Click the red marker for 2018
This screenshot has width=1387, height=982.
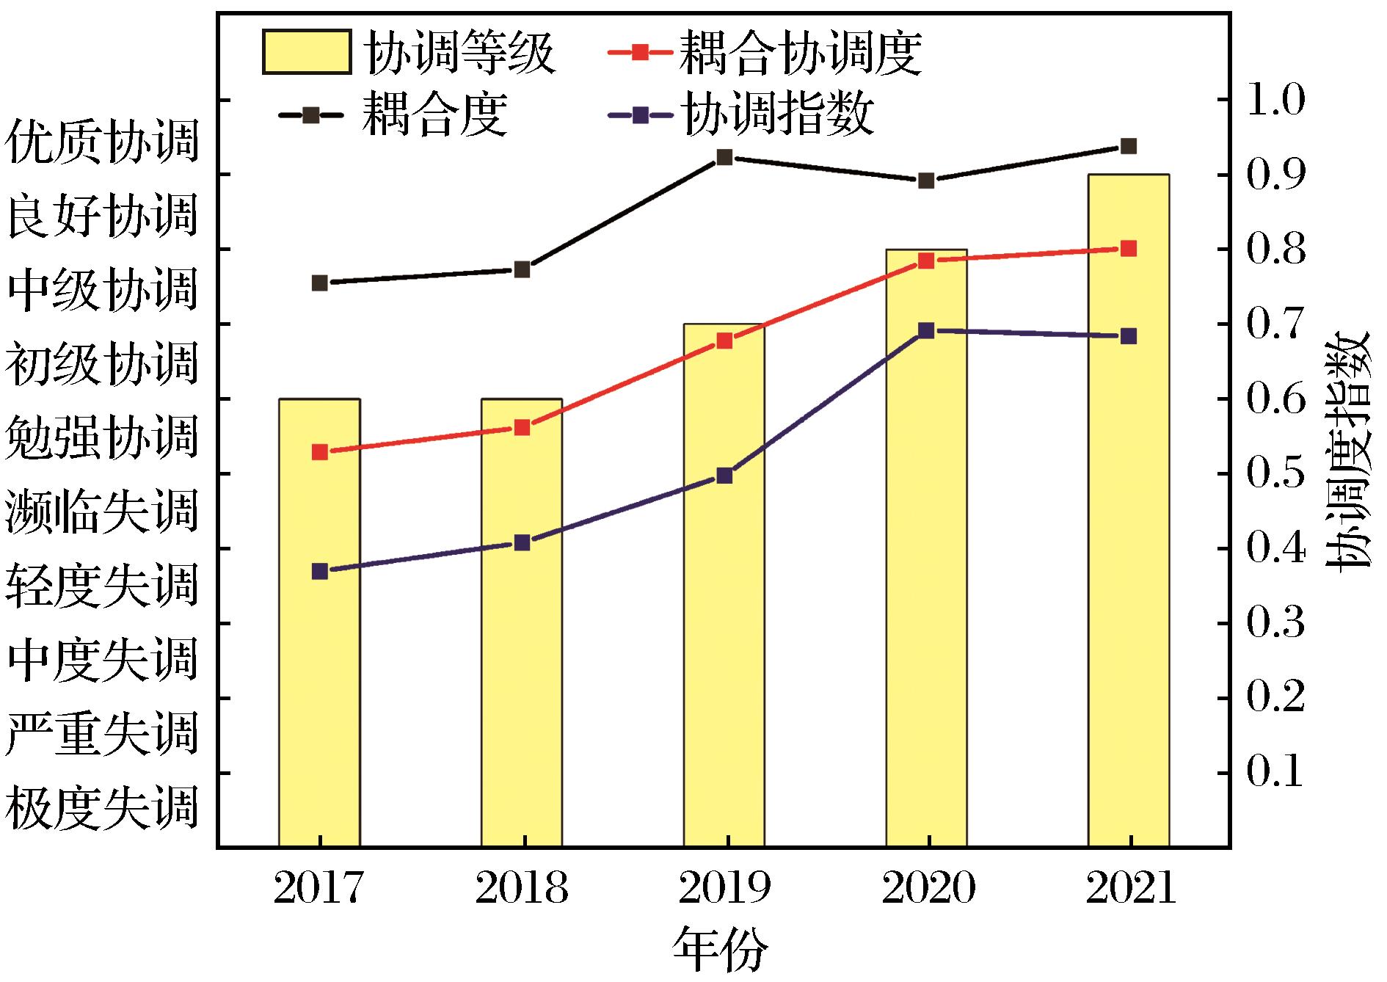(522, 428)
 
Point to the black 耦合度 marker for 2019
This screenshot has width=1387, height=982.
(724, 157)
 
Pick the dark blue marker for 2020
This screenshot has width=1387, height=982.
(927, 330)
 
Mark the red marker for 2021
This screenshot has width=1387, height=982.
(1129, 249)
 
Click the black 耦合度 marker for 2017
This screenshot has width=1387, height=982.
(319, 283)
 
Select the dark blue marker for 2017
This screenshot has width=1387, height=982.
(319, 572)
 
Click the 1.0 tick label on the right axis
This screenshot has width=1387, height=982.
(1275, 101)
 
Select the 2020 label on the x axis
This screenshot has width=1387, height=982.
(928, 889)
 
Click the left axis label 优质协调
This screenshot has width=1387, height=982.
(101, 142)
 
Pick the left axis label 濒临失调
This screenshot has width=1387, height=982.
(101, 512)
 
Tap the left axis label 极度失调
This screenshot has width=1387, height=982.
(101, 808)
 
